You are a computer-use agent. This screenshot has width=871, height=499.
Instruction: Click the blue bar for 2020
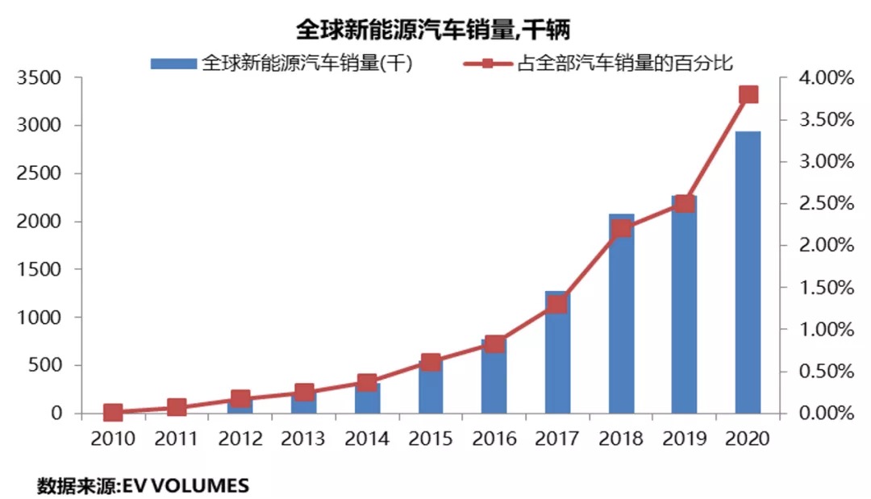[748, 274]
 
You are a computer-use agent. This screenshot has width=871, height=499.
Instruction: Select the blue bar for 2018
[621, 322]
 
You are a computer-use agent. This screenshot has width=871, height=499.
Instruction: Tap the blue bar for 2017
[557, 363]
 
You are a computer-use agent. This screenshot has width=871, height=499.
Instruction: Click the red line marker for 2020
[748, 94]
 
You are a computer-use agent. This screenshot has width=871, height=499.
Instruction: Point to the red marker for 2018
[621, 228]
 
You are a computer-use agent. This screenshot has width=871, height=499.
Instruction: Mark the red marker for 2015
[431, 362]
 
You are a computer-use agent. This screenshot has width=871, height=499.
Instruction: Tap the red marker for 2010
[113, 413]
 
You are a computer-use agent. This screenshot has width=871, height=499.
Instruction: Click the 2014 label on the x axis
[367, 439]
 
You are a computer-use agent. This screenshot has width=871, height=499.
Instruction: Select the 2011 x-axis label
[177, 439]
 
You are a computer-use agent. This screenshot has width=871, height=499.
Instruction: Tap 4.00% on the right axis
[823, 78]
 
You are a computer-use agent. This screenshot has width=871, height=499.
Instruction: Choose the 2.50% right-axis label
[823, 204]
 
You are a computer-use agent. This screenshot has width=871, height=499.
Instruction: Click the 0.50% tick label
[823, 372]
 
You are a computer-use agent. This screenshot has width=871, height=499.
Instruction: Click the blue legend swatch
[173, 63]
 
